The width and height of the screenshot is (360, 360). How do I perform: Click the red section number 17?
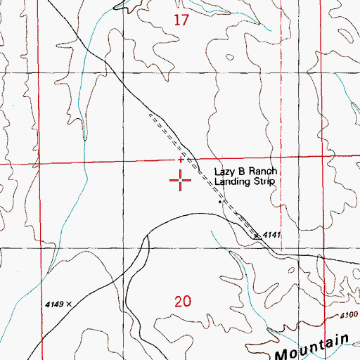coord(181,20)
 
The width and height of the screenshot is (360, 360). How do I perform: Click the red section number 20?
coord(181,302)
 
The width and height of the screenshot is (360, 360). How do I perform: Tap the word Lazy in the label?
coord(225,172)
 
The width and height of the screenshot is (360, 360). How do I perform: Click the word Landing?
coord(233,181)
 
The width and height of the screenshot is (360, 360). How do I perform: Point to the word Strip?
coord(262,181)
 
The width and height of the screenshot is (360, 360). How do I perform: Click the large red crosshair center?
coord(181,181)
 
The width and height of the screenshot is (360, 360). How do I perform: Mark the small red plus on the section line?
coord(181,160)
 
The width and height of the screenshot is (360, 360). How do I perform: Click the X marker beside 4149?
coord(70,304)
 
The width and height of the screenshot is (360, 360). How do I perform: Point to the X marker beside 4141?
coord(257,236)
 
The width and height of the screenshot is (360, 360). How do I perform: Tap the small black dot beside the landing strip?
coord(220,202)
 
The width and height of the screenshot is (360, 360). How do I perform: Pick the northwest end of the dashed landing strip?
coord(149,113)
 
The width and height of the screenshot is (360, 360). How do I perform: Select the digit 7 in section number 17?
coord(186,20)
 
